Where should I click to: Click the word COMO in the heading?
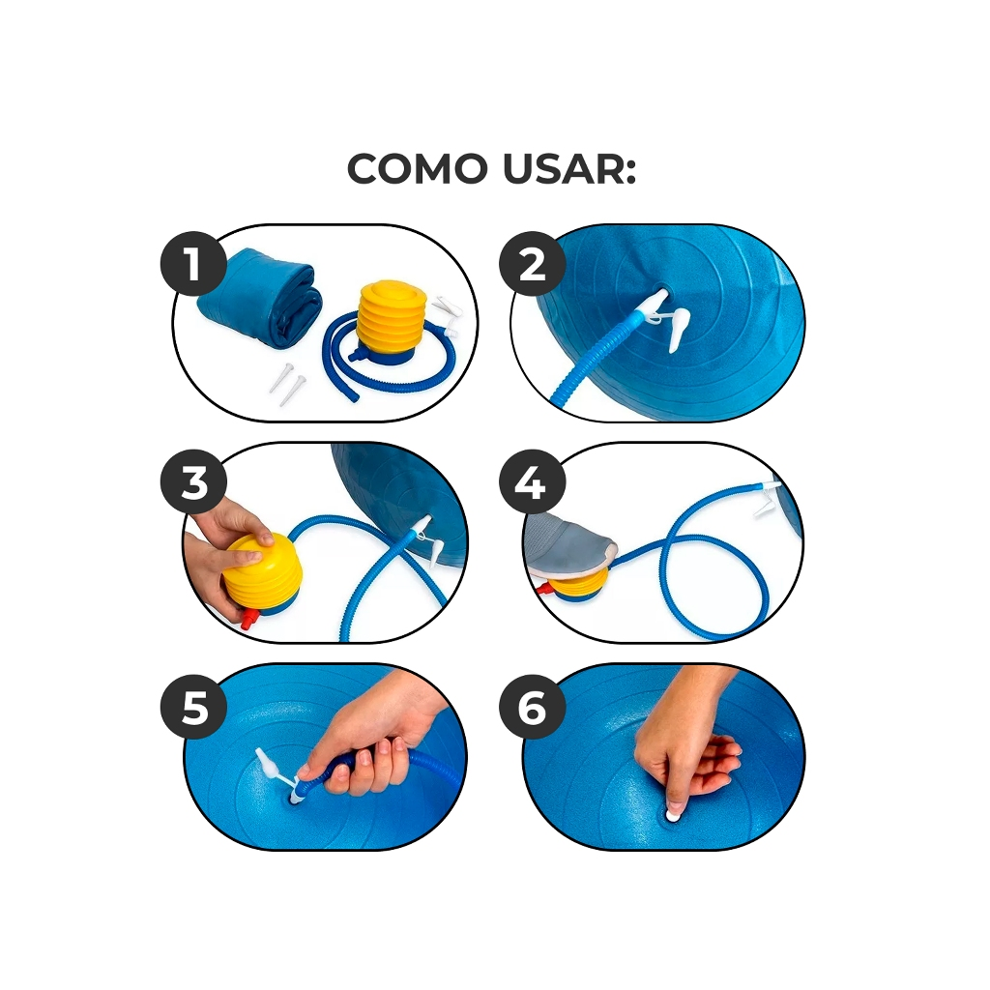(x=418, y=169)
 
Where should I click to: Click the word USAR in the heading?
(x=568, y=169)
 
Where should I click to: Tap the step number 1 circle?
(x=193, y=263)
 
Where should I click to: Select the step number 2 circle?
(x=532, y=263)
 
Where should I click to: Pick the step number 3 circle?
(x=193, y=483)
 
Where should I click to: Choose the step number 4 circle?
(x=532, y=483)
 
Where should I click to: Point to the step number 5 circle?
(x=193, y=707)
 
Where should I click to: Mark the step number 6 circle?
(x=532, y=707)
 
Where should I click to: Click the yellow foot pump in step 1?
(x=388, y=322)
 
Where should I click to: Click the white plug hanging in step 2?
(x=677, y=328)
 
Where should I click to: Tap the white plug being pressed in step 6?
(x=673, y=814)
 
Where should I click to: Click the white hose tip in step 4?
(x=769, y=485)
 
